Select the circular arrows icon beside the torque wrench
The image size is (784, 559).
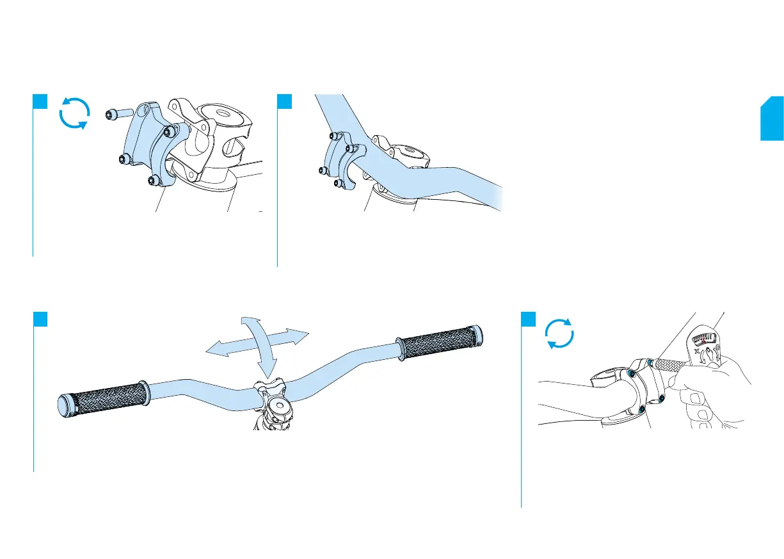559,334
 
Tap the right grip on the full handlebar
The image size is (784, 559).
436,343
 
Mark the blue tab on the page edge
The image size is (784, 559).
772,118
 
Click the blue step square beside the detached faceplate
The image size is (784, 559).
40,102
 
